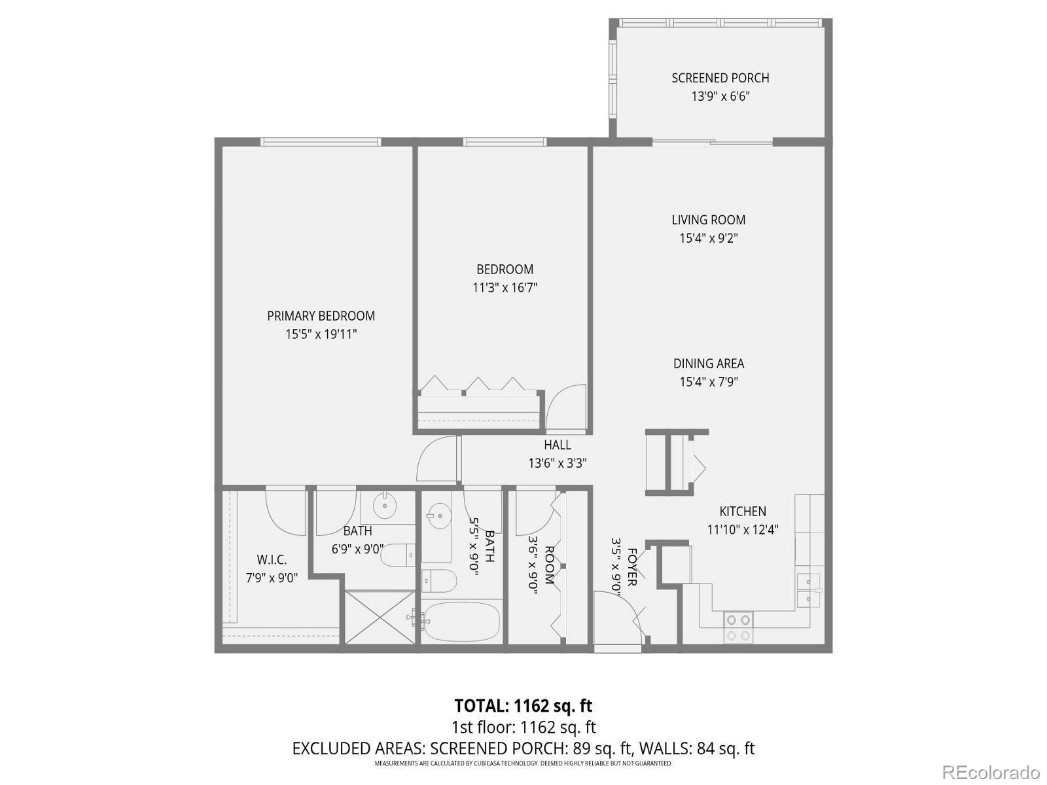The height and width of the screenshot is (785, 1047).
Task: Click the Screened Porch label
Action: coord(720,78)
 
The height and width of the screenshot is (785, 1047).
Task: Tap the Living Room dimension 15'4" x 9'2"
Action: coord(708,238)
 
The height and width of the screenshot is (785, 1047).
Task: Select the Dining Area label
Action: coord(708,364)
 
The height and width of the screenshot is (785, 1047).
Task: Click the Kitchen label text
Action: coord(742,512)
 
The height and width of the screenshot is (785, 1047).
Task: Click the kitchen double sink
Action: coord(809,589)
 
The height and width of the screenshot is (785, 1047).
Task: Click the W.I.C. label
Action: coord(271,560)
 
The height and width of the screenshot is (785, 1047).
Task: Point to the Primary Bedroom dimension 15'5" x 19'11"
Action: coord(321,334)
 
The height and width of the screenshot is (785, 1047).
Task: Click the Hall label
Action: coord(557,445)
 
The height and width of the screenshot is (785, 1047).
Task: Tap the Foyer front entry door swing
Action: coord(618,612)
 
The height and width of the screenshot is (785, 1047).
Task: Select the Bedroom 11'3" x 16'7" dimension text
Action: coord(505,287)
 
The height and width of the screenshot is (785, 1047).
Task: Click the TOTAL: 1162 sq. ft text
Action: coord(523,706)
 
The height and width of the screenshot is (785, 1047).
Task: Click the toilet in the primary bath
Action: coord(397,556)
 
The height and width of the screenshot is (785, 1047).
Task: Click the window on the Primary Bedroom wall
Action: coord(321,141)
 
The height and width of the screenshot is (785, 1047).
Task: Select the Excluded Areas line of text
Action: coord(523,748)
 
